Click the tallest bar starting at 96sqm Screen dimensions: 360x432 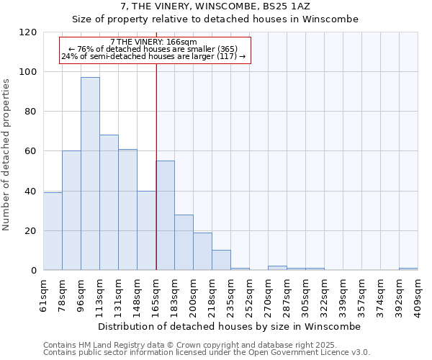click(x=90, y=174)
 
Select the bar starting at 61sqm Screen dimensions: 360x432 click(x=53, y=231)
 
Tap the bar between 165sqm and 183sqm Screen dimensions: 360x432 click(x=165, y=215)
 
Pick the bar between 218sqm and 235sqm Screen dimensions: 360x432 click(x=221, y=260)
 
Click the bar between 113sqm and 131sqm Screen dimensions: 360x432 click(x=109, y=202)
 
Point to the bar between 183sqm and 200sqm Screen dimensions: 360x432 click(x=184, y=242)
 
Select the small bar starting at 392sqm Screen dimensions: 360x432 click(x=408, y=269)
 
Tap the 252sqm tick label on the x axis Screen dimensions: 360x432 click(x=250, y=295)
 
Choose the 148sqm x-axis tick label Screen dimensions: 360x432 click(x=138, y=295)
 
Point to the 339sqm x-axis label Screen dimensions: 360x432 click(x=343, y=295)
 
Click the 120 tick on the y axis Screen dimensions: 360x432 click(x=28, y=32)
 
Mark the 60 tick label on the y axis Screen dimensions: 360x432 click(x=31, y=151)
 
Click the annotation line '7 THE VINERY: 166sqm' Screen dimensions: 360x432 click(x=153, y=42)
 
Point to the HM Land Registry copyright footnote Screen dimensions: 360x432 click(x=205, y=345)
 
